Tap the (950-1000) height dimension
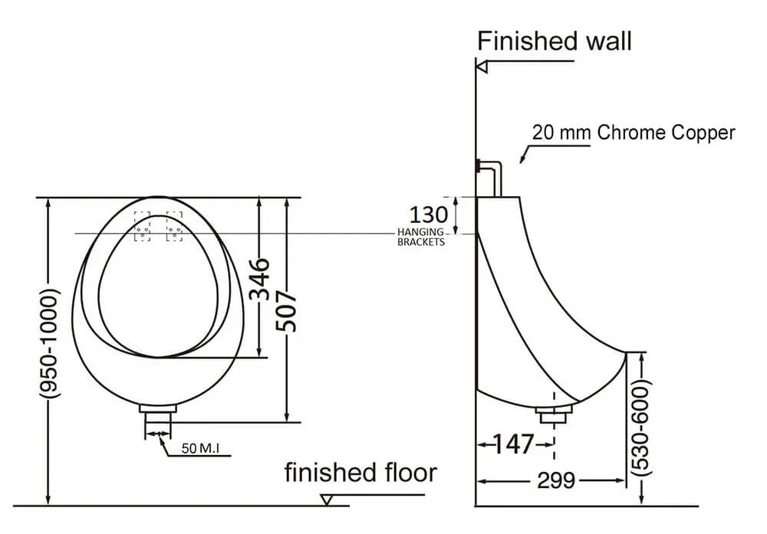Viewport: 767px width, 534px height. [48, 342]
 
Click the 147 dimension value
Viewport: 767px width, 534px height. [512, 444]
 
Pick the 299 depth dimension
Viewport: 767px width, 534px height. [556, 480]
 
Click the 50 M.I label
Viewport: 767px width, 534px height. [201, 448]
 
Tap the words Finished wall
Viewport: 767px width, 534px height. [555, 41]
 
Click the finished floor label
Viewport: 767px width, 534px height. [360, 473]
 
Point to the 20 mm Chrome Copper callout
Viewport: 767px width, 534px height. [634, 133]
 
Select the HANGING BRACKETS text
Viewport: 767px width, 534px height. [420, 237]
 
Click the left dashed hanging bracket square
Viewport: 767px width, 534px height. [143, 227]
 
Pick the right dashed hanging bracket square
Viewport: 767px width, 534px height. [174, 227]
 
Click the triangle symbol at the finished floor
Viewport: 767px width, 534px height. [327, 500]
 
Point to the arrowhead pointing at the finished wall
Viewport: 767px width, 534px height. [482, 67]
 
